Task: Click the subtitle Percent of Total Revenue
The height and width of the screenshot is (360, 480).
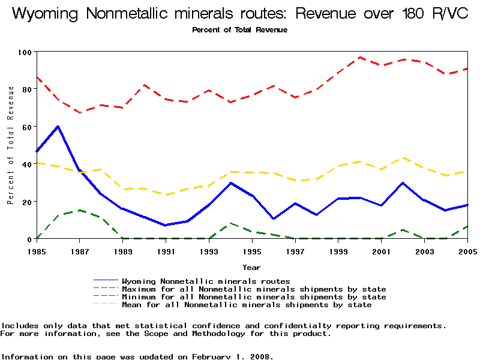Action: pos(239,30)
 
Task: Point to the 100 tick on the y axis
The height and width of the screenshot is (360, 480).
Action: pos(25,52)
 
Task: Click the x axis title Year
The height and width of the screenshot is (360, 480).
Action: pos(251,267)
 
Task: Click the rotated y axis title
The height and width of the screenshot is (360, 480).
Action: pos(11,145)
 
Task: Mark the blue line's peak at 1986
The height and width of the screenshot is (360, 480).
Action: pos(58,127)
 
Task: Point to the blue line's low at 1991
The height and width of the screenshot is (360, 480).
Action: pos(166,225)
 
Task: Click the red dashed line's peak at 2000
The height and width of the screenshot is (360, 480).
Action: pos(360,58)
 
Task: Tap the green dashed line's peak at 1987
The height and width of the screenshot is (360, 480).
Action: pos(79,210)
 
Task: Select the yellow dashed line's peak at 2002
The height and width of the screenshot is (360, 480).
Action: pos(403,158)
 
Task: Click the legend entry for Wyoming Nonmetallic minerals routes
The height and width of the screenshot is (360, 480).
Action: pos(206,281)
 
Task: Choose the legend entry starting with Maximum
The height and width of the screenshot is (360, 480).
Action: pos(254,289)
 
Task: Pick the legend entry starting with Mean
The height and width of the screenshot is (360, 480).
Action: pos(247,305)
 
